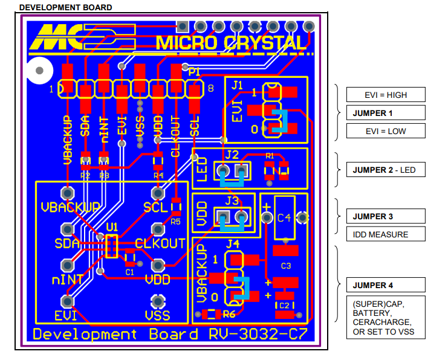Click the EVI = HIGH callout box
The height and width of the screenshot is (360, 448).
pyautogui.click(x=385, y=95)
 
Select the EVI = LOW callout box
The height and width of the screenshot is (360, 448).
pyautogui.click(x=385, y=131)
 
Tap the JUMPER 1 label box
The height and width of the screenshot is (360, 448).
pyautogui.click(x=385, y=113)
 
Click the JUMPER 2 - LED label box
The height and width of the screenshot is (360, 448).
pyautogui.click(x=385, y=170)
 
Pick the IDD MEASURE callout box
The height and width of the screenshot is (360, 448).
pyautogui.click(x=385, y=234)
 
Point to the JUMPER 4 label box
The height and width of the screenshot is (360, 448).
pyautogui.click(x=385, y=285)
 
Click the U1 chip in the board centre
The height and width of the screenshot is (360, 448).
pyautogui.click(x=111, y=245)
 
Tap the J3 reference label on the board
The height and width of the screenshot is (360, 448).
pyautogui.click(x=232, y=201)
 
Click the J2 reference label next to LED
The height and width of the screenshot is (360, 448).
pyautogui.click(x=232, y=155)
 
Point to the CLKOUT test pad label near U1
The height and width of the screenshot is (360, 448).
pyautogui.click(x=160, y=244)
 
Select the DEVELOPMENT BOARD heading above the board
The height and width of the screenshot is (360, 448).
pyautogui.click(x=65, y=7)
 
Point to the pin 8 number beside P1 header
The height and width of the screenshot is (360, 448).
pyautogui.click(x=210, y=89)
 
